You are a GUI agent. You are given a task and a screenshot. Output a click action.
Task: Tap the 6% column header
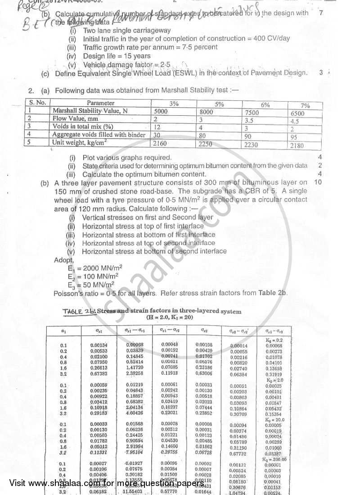click(x=265, y=104)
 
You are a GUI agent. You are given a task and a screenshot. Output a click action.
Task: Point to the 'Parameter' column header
click(x=100, y=103)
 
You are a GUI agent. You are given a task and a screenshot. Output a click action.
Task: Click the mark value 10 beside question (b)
click(x=318, y=182)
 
